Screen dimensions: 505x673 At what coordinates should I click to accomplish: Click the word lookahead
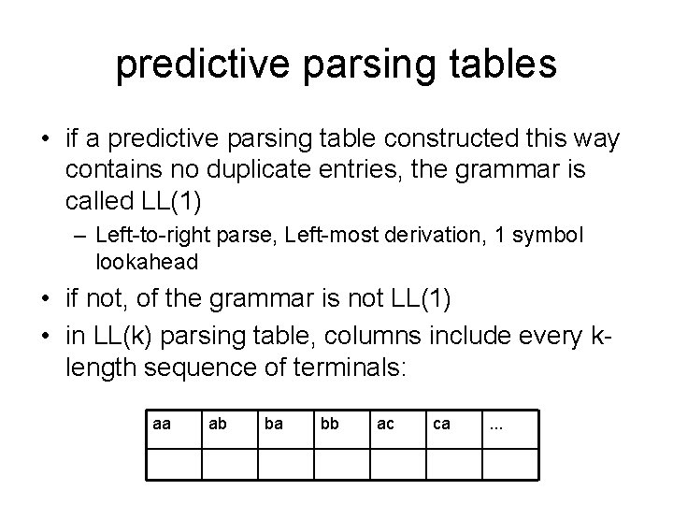tap(147, 263)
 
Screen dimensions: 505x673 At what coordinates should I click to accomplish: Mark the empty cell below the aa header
tap(174, 465)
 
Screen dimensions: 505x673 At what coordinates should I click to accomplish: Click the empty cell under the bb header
tap(341, 465)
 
